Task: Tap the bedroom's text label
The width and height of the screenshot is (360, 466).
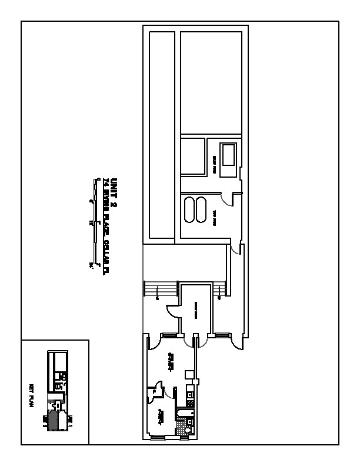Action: tap(161, 418)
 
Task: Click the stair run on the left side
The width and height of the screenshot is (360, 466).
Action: tap(160, 290)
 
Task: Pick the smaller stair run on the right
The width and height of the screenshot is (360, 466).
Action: tap(219, 289)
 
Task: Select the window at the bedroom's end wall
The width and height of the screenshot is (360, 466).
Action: tap(158, 438)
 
